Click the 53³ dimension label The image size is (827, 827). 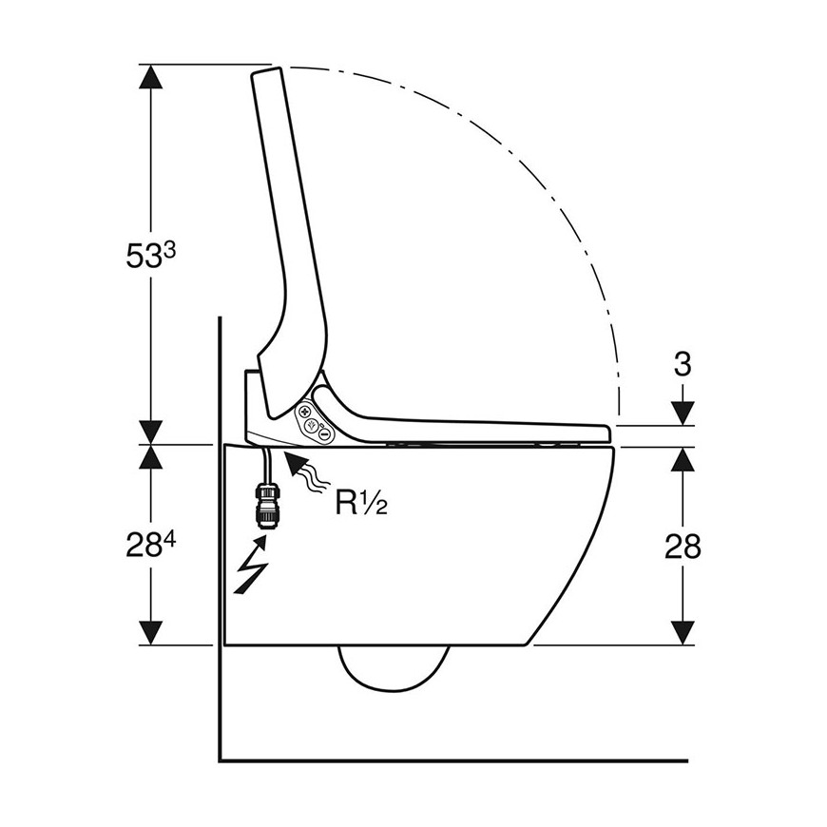tap(150, 256)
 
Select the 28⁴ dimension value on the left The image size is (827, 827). tap(150, 545)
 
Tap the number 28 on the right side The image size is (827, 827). tap(683, 546)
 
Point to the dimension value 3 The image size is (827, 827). tap(683, 364)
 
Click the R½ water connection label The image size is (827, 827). tap(362, 502)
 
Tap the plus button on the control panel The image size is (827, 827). tap(304, 412)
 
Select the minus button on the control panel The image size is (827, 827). tap(325, 434)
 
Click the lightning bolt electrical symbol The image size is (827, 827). tap(252, 565)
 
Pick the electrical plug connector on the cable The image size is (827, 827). tap(266, 506)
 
